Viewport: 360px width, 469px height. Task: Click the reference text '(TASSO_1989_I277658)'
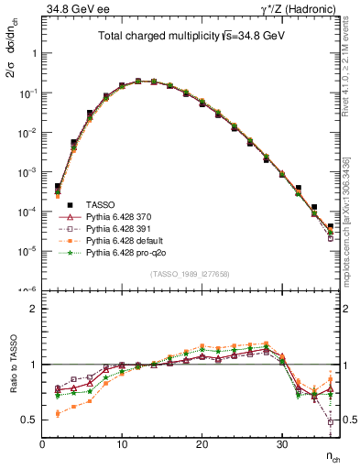tap(191, 274)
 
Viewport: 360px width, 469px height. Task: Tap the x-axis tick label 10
tap(122, 444)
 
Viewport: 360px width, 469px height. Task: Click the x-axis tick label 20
tap(202, 444)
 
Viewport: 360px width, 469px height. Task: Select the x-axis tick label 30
tap(281, 444)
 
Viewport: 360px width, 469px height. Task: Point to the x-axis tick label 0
tap(43, 444)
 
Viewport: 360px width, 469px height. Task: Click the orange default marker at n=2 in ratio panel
tap(58, 414)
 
